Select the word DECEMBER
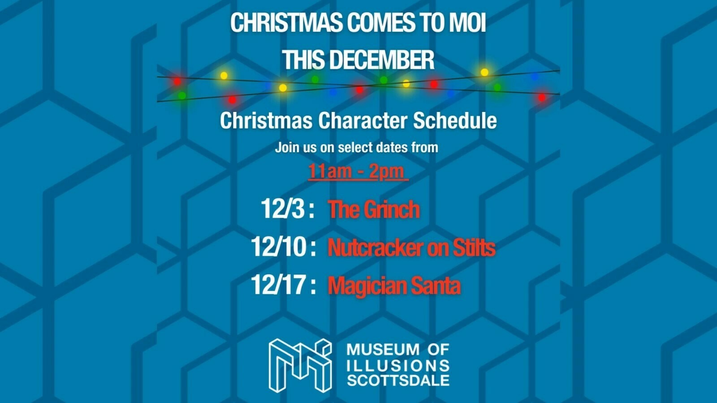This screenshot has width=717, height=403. coord(381,60)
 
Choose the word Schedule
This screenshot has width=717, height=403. coord(455,120)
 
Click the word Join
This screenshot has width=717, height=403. coord(286,147)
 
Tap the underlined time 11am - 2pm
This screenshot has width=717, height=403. coord(358,172)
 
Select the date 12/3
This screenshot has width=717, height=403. coord(283,209)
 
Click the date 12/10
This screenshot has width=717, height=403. coord(279,247)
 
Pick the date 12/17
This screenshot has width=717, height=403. coord(278,285)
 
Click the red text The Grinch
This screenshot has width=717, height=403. coord(374,210)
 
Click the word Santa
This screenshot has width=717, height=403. coord(436,286)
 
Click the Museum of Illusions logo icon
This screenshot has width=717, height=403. coord(300,365)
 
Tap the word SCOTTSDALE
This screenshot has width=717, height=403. coord(398,381)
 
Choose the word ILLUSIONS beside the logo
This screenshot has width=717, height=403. coord(398,365)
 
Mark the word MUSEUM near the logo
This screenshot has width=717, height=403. coord(383,349)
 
